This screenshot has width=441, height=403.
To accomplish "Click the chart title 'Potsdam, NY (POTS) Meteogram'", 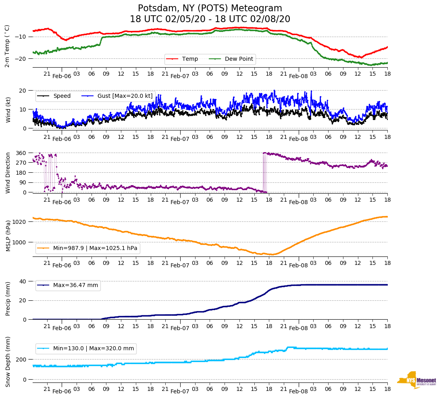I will click(210, 8).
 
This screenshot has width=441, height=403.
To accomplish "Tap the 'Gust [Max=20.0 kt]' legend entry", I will click(120, 96).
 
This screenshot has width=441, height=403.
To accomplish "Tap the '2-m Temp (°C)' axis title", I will click(7, 46).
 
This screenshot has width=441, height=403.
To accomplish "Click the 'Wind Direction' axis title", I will click(8, 173).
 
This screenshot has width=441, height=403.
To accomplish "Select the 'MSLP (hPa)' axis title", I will click(8, 236).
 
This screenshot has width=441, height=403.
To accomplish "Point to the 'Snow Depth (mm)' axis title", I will click(8, 362).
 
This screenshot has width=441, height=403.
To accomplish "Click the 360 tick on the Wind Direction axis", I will click(21, 153).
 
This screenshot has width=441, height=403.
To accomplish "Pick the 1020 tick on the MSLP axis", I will click(20, 222).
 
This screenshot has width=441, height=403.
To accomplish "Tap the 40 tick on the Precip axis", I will click(23, 281).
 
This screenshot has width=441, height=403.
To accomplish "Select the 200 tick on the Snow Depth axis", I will click(22, 360).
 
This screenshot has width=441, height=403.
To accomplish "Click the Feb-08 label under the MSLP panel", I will click(298, 265).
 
